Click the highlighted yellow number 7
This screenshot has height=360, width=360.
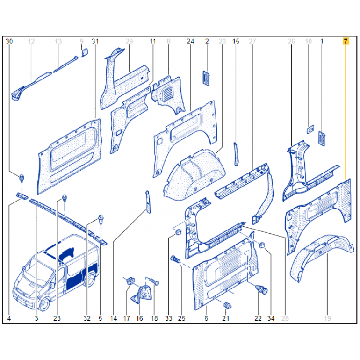point(346,41)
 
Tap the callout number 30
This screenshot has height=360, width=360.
point(9,41)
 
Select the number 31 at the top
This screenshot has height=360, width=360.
point(95,41)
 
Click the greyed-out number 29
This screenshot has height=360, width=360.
point(129,41)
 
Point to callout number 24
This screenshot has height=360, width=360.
point(190,41)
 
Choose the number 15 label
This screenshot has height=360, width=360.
point(236,41)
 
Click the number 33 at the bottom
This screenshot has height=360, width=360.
point(168,318)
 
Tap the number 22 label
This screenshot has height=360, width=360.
point(258,318)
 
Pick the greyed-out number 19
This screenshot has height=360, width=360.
point(327,318)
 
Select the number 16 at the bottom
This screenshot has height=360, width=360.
point(139,318)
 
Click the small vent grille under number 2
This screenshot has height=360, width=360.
point(206,78)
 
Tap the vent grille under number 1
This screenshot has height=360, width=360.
point(322,138)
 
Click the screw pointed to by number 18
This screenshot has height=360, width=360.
point(153,281)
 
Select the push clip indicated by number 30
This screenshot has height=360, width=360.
point(22,178)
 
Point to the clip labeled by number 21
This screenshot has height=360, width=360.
point(227,305)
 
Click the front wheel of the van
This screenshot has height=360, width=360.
point(45,304)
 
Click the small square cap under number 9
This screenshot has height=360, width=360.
point(85,52)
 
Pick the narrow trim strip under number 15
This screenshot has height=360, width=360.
point(236,154)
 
